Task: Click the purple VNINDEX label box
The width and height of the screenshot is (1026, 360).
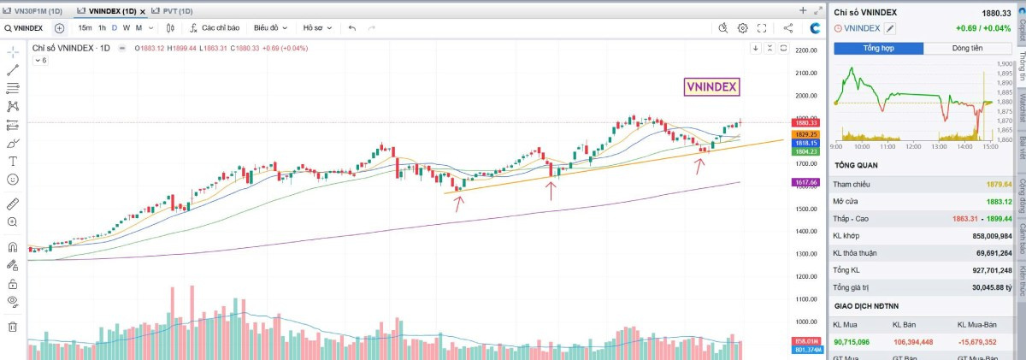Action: pos(711,86)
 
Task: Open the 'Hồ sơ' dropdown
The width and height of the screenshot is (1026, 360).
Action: pos(317,27)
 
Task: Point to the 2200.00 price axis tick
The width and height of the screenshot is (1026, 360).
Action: pos(806,50)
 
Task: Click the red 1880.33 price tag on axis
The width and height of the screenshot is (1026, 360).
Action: pos(805,123)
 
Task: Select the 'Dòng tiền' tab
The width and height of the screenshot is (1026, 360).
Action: pos(967,48)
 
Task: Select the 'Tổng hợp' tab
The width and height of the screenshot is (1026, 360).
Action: pos(878,48)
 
